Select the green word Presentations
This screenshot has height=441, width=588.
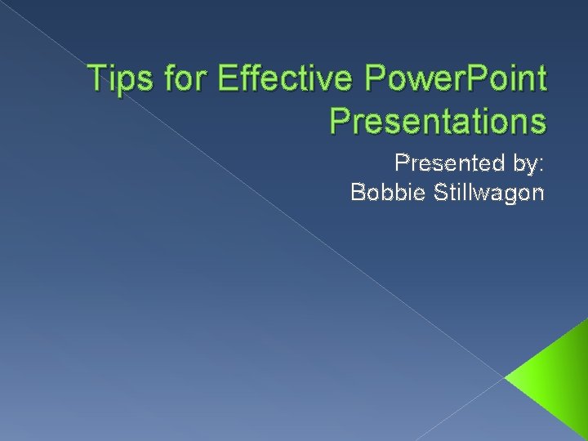pos(438,120)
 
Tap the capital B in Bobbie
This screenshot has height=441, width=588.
pos(357,193)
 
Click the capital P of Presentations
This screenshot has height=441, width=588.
pos(340,120)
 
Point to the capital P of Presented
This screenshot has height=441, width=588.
pos(401,163)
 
